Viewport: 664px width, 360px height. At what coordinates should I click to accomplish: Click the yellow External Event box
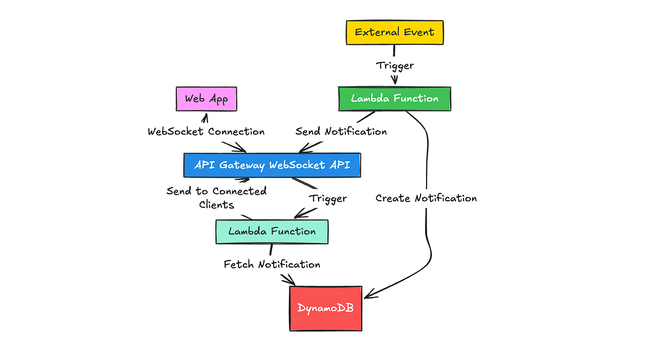[x=395, y=32]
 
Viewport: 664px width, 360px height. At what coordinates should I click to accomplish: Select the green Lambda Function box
[x=395, y=99]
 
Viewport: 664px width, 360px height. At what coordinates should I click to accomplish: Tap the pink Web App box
[x=206, y=99]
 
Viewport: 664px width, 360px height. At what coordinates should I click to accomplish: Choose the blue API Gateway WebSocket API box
[x=272, y=165]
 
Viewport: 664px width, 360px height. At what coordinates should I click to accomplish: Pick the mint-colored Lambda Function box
[x=272, y=231]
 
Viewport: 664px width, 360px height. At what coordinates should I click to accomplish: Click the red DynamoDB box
[x=325, y=308]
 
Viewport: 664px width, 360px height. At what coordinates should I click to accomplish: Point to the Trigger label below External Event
[x=395, y=65]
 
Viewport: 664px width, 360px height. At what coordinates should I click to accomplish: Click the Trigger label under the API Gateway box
[x=328, y=198]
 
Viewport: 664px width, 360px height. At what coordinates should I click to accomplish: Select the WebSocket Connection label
[x=206, y=132]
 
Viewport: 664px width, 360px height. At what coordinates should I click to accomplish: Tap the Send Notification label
[x=341, y=132]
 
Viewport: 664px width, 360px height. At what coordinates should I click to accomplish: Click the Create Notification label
[x=426, y=198]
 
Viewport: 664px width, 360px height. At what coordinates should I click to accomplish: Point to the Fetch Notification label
[x=272, y=264]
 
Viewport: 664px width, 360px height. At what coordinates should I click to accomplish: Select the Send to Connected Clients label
[x=216, y=197]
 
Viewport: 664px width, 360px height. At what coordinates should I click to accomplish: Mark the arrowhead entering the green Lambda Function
[x=395, y=82]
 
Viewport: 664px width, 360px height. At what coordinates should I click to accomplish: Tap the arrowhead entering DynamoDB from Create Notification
[x=367, y=294]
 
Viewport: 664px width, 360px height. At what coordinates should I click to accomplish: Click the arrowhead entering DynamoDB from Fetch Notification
[x=290, y=282]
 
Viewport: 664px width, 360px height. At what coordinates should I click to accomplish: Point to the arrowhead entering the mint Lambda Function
[x=297, y=215]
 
